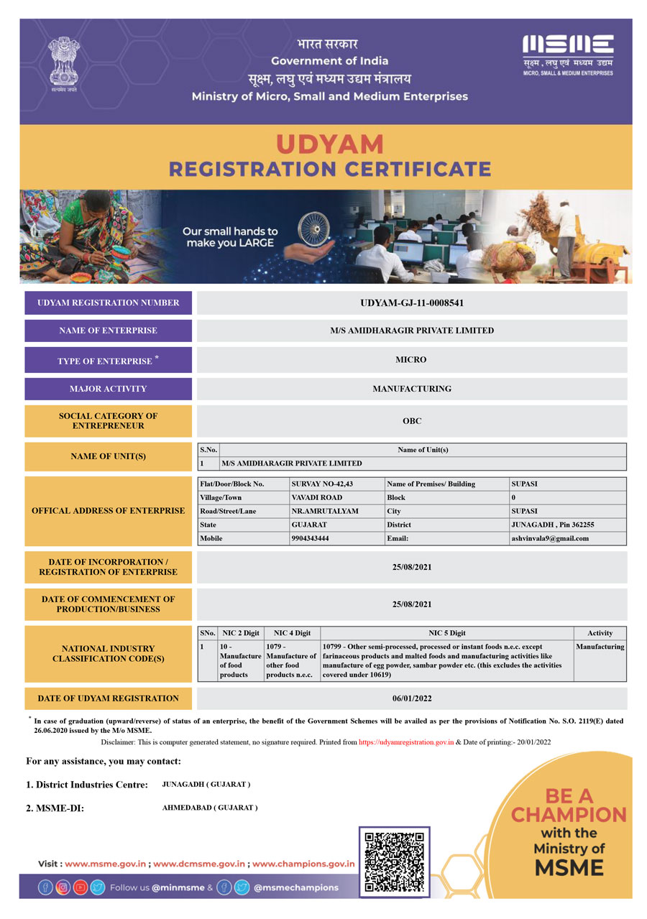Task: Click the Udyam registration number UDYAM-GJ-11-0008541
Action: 411,303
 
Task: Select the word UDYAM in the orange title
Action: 330,144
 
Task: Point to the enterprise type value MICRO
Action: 411,359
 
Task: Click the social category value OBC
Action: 411,421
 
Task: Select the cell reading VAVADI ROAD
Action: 317,497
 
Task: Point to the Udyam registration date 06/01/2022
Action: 411,698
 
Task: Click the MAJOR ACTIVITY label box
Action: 108,389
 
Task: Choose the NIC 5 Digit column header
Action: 446,633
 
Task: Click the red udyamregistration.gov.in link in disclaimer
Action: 406,742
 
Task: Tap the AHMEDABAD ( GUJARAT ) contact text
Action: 210,808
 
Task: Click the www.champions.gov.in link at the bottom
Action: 303,864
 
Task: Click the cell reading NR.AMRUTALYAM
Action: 325,511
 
